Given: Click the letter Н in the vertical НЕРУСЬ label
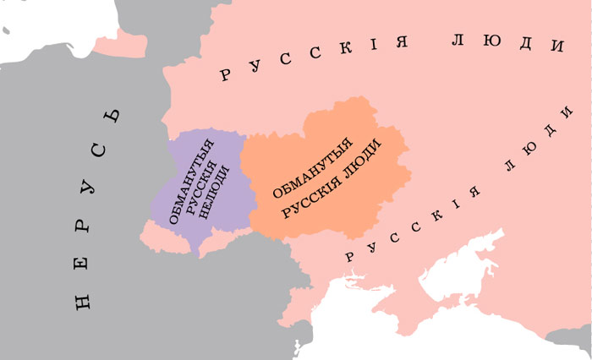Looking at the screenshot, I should (x=82, y=300).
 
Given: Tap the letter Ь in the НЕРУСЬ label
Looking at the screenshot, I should (x=112, y=117).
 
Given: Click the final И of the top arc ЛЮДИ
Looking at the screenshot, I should (x=557, y=47).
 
